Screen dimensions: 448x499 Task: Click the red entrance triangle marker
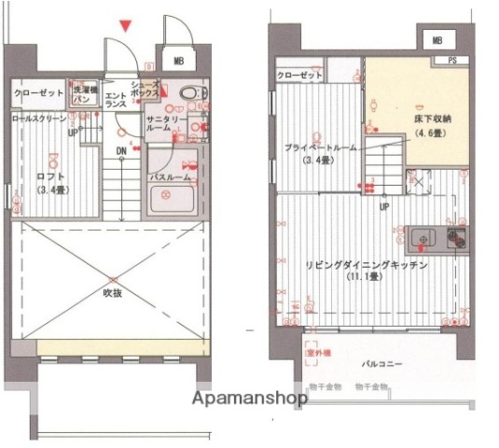click(127, 25)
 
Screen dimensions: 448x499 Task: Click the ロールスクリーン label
click(39, 119)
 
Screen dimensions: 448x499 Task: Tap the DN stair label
click(121, 150)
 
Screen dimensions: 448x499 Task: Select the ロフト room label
click(50, 181)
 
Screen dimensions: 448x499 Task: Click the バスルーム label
click(171, 176)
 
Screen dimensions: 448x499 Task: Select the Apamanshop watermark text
click(250, 399)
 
